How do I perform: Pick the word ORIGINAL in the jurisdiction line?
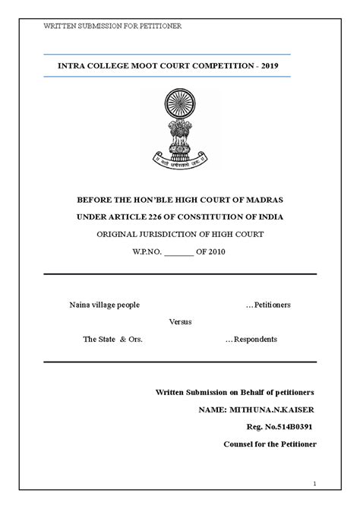point(117,234)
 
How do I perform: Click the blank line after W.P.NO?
point(180,251)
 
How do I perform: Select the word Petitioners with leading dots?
point(268,305)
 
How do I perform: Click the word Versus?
point(180,321)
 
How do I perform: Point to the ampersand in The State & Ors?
point(123,339)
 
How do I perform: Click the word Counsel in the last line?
point(239,444)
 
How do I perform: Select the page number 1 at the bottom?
point(314,484)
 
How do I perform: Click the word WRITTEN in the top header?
point(58,26)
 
